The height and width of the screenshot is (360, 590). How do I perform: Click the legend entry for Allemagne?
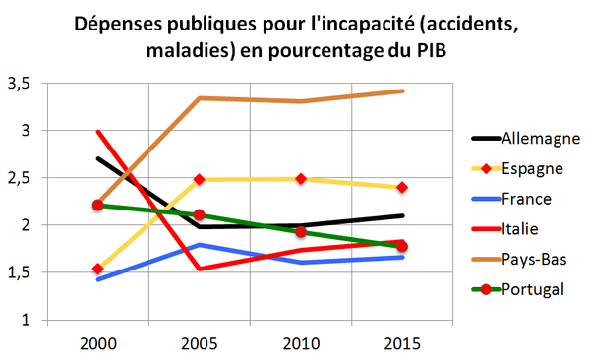pyautogui.click(x=538, y=137)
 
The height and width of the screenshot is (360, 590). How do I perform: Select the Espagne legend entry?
pyautogui.click(x=532, y=168)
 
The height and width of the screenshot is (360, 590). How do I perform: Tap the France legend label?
pyautogui.click(x=526, y=198)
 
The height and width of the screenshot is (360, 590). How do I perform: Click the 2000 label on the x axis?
pyautogui.click(x=98, y=345)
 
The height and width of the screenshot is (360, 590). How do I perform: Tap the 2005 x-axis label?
pyautogui.click(x=200, y=345)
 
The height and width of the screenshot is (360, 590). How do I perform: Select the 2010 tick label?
pyautogui.click(x=302, y=345)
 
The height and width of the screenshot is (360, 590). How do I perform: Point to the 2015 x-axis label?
pyautogui.click(x=403, y=345)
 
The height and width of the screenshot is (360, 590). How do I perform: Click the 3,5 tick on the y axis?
pyautogui.click(x=19, y=84)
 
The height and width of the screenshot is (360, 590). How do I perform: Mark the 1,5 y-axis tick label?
pyautogui.click(x=19, y=273)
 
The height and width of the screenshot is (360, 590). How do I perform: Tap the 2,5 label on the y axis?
pyautogui.click(x=19, y=178)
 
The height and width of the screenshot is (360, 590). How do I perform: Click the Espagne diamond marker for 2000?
pyautogui.click(x=98, y=269)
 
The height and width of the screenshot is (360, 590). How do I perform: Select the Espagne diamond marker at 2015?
pyautogui.click(x=403, y=187)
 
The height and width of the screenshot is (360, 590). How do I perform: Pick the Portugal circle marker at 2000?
pyautogui.click(x=98, y=205)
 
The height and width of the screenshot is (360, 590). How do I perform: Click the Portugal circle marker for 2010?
pyautogui.click(x=302, y=232)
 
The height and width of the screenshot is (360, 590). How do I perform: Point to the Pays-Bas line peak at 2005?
pyautogui.click(x=200, y=98)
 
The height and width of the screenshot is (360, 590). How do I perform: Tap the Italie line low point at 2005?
pyautogui.click(x=200, y=269)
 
